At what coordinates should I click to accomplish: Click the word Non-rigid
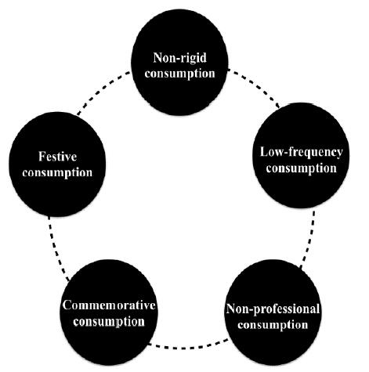click(x=179, y=58)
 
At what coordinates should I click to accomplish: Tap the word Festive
click(x=57, y=157)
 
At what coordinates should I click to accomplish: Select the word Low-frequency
click(x=301, y=153)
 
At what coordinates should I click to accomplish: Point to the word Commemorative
click(x=109, y=305)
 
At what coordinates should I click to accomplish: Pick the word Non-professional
click(x=273, y=309)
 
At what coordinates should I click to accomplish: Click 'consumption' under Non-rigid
click(x=180, y=74)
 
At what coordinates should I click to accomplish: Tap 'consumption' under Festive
click(x=57, y=173)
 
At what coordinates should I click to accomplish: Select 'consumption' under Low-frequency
click(x=302, y=168)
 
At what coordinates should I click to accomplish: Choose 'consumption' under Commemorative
click(x=109, y=322)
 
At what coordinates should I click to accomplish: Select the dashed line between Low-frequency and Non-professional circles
click(x=308, y=239)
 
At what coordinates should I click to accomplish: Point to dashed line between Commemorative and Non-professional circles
click(x=188, y=346)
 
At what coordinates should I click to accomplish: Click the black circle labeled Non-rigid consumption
click(x=179, y=63)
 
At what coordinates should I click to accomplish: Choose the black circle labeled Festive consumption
click(x=57, y=164)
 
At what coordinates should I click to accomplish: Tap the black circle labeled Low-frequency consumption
click(x=301, y=156)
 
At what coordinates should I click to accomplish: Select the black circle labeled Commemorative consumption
click(x=109, y=312)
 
